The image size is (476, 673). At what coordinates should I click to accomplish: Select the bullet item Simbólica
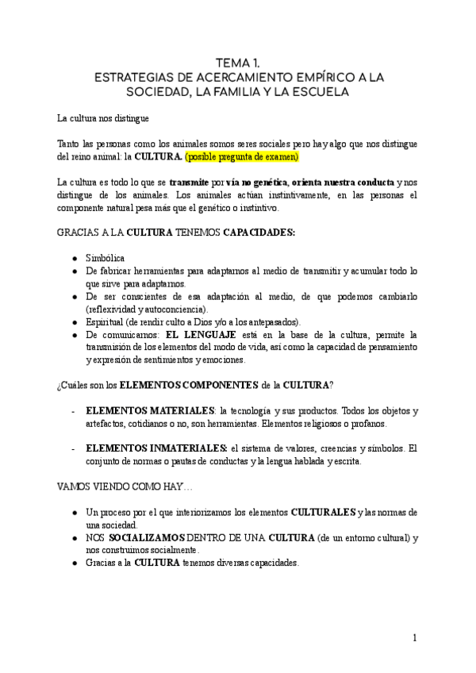click(x=104, y=259)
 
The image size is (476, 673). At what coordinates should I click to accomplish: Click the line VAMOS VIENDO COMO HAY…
click(x=119, y=486)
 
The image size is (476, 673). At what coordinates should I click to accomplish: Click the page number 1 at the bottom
click(x=414, y=638)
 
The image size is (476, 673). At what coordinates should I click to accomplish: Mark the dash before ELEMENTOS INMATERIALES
click(x=73, y=448)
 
